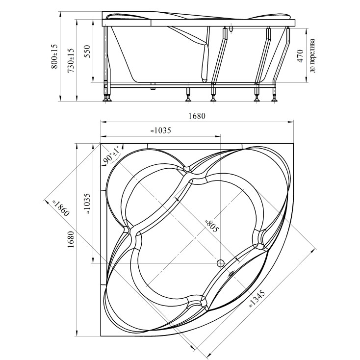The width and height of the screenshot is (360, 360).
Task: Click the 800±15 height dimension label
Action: [x=54, y=56]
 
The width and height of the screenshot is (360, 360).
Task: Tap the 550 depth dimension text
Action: [x=87, y=51]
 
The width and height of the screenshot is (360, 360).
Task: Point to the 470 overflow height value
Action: [x=300, y=56]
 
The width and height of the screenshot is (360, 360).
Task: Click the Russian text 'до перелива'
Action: [x=312, y=56]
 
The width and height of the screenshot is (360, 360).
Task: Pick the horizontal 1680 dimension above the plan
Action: [x=197, y=116]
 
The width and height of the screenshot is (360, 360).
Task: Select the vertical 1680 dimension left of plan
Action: [x=71, y=239]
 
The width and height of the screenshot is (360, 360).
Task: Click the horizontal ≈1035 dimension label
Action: [x=161, y=130]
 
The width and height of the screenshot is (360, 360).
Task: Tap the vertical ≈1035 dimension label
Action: [x=87, y=204]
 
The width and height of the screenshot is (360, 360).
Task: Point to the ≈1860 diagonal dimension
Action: [x=60, y=208]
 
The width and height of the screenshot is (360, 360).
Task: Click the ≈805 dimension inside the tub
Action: [x=212, y=226]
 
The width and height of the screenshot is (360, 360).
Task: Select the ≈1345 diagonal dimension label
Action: [x=257, y=299]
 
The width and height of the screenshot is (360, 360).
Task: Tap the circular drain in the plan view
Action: [x=221, y=263]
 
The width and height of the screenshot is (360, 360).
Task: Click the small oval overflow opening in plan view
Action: [x=231, y=273]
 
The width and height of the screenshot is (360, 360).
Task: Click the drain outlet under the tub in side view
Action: [x=153, y=86]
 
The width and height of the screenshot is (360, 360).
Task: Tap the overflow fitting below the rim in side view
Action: [x=231, y=29]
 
